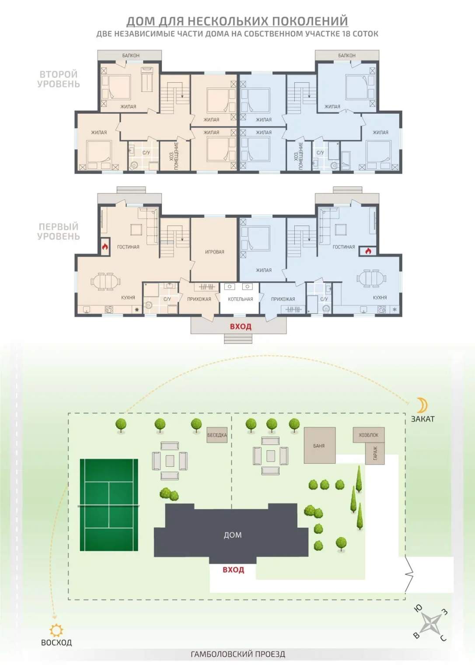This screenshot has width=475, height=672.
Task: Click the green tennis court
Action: (109, 505)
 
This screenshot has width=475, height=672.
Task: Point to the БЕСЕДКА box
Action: (217, 435)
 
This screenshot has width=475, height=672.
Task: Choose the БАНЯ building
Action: (320, 446)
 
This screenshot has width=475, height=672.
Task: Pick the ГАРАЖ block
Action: (375, 453)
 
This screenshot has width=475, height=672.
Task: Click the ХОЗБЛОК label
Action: (369, 435)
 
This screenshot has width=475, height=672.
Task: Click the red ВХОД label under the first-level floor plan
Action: (241, 326)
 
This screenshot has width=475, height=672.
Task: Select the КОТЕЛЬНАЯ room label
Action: (241, 299)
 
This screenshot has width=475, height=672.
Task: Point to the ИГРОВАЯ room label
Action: (215, 252)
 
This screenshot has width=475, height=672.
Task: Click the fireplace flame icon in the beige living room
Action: (105, 247)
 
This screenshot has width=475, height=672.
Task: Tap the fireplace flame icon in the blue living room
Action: (368, 251)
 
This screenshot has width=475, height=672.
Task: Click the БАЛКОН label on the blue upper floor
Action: (347, 56)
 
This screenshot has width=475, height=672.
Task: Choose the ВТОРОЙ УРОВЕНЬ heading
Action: (59, 79)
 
